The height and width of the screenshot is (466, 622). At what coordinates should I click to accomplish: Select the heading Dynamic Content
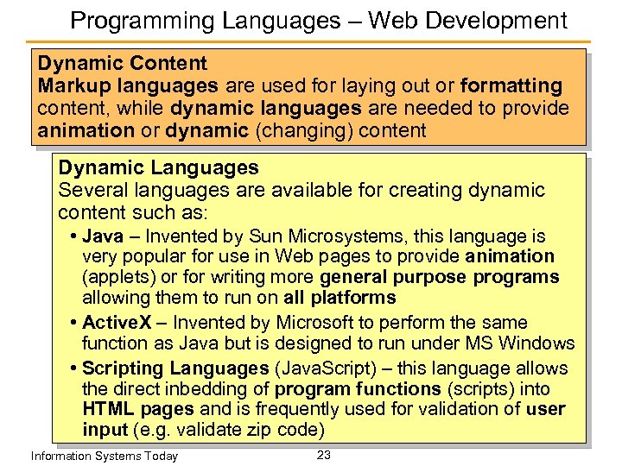(123, 63)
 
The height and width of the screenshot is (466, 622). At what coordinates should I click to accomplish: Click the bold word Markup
(77, 85)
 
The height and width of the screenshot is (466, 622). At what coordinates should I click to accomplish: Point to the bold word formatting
(511, 85)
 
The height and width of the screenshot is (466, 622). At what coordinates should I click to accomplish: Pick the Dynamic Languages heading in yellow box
(158, 167)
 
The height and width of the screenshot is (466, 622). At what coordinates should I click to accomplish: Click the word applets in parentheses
(120, 277)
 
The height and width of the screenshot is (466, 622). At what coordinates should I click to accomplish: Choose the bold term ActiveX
(117, 323)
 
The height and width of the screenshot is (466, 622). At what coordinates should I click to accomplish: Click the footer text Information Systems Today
(104, 456)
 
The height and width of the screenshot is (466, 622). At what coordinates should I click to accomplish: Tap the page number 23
(324, 454)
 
